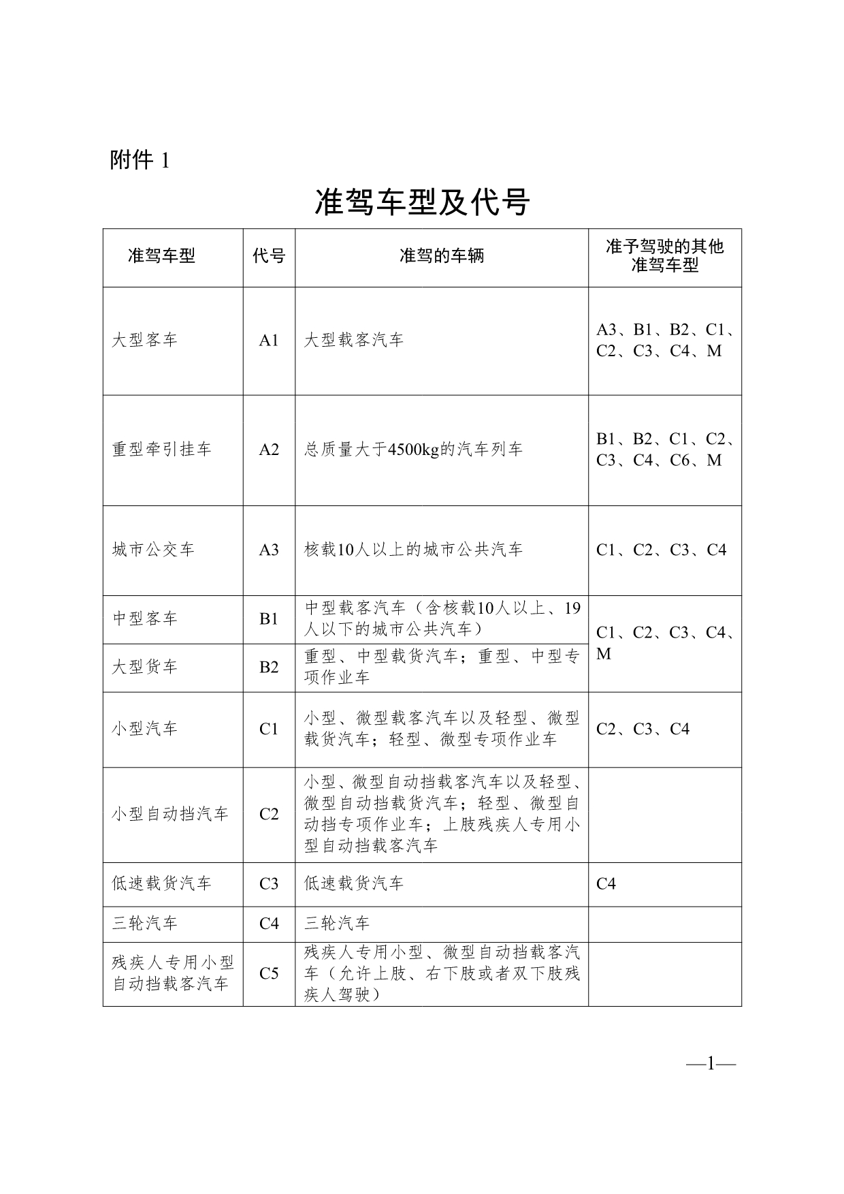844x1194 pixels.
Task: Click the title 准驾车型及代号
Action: point(422,202)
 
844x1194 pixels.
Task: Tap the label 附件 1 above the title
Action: point(139,160)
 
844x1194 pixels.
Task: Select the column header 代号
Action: point(269,256)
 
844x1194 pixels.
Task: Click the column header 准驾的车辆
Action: point(442,256)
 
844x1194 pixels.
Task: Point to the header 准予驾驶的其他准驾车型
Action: point(665,256)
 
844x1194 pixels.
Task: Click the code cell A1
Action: point(269,341)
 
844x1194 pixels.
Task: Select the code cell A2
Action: point(269,450)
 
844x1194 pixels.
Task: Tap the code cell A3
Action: point(269,550)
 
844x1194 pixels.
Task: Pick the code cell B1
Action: point(269,618)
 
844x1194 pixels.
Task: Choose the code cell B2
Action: point(269,667)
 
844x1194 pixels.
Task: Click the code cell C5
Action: point(269,973)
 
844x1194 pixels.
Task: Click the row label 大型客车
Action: point(144,340)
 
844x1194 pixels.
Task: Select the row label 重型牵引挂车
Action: point(162,450)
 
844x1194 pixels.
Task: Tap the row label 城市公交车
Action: point(153,550)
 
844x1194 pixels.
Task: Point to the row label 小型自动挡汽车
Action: point(170,814)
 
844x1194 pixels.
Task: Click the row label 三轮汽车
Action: point(144,924)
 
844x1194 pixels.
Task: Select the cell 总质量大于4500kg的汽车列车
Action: point(413,450)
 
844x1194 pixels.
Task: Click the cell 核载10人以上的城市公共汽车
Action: point(413,550)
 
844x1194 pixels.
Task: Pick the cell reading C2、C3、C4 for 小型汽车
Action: point(643,729)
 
